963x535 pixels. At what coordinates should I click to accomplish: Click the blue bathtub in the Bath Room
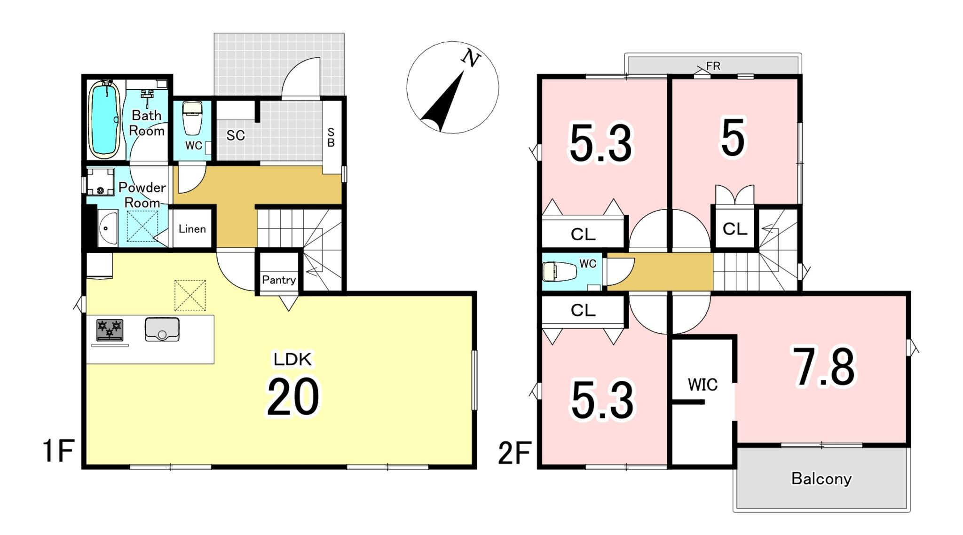pyautogui.click(x=103, y=119)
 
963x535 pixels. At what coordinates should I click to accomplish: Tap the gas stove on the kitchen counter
pyautogui.click(x=110, y=330)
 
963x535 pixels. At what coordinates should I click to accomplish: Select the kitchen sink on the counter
pyautogui.click(x=162, y=329)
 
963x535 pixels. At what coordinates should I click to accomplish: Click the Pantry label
pyautogui.click(x=279, y=280)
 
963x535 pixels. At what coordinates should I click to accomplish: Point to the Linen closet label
pyautogui.click(x=192, y=229)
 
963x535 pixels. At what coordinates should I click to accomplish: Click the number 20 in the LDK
pyautogui.click(x=293, y=397)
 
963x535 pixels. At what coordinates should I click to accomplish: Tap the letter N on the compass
pyautogui.click(x=471, y=58)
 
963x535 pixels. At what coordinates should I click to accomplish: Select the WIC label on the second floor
pyautogui.click(x=703, y=385)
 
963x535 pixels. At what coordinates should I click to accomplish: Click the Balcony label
pyautogui.click(x=821, y=479)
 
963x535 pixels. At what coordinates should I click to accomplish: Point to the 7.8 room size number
pyautogui.click(x=824, y=367)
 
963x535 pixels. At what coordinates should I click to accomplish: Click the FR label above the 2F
pyautogui.click(x=713, y=66)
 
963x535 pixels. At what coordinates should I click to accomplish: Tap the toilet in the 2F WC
pyautogui.click(x=560, y=272)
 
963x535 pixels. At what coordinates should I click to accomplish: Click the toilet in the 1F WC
pyautogui.click(x=192, y=118)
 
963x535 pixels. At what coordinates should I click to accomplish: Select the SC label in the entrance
pyautogui.click(x=236, y=135)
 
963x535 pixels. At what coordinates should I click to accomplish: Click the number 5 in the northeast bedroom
pyautogui.click(x=733, y=138)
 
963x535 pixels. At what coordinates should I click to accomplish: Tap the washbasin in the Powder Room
pyautogui.click(x=108, y=228)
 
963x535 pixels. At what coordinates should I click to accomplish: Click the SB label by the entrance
pyautogui.click(x=331, y=137)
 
